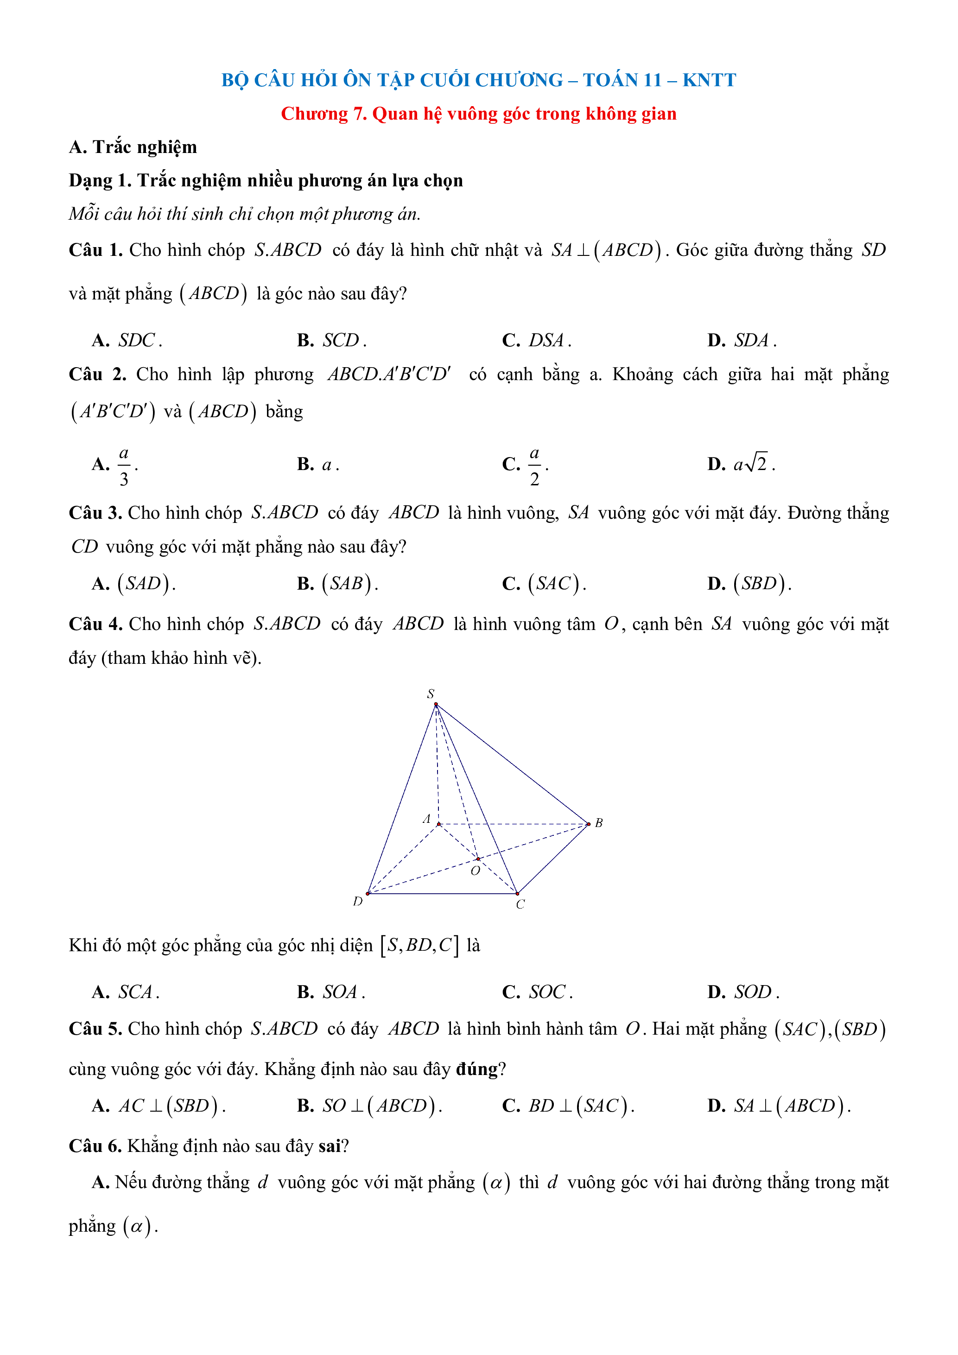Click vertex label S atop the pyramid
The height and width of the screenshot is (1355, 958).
tap(431, 694)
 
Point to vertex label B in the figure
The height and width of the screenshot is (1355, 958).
tap(599, 823)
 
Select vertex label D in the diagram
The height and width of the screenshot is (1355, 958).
tap(357, 901)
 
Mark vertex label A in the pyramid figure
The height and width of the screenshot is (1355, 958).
tap(426, 819)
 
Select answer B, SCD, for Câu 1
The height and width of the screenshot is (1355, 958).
tap(341, 341)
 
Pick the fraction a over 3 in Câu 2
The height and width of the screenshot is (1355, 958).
tap(124, 465)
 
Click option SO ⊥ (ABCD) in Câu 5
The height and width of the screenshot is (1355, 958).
tap(380, 1105)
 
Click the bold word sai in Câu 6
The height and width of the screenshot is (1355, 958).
tap(329, 1146)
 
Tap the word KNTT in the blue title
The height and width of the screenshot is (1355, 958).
tap(709, 80)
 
